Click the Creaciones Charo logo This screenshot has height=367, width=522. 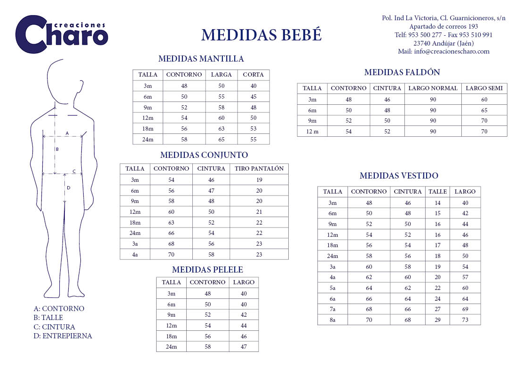[62, 34]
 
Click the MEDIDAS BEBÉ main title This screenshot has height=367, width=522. [261, 35]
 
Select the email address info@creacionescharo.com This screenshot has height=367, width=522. [443, 51]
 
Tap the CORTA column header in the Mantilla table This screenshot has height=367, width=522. [253, 75]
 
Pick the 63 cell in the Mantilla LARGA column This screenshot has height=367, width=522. [221, 128]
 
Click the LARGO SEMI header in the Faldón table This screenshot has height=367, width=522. [484, 88]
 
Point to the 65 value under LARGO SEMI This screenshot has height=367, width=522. [484, 110]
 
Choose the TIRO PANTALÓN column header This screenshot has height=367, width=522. [259, 168]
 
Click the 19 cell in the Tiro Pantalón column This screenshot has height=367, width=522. [259, 180]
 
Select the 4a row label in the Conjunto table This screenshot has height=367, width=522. [135, 254]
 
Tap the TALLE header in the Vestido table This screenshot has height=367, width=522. [437, 191]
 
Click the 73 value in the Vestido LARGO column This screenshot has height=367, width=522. [465, 320]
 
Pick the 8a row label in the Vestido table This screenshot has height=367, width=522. [332, 320]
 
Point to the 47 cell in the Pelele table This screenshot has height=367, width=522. [244, 346]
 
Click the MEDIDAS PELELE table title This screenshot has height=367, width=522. [207, 270]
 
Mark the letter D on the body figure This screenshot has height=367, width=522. [68, 188]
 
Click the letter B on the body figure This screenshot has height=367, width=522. [57, 149]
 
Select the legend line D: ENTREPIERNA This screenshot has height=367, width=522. [63, 336]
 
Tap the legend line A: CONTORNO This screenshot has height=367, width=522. [59, 309]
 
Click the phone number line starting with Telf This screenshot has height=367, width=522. [443, 35]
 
